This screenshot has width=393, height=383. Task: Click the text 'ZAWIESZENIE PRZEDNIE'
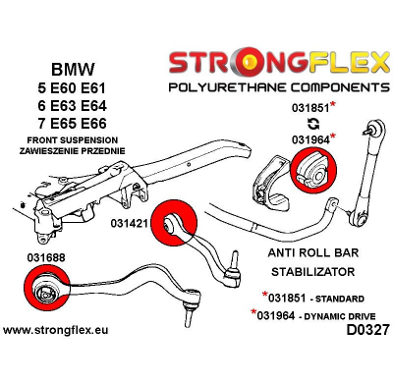[63, 151]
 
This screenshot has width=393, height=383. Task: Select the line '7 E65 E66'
[63, 124]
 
